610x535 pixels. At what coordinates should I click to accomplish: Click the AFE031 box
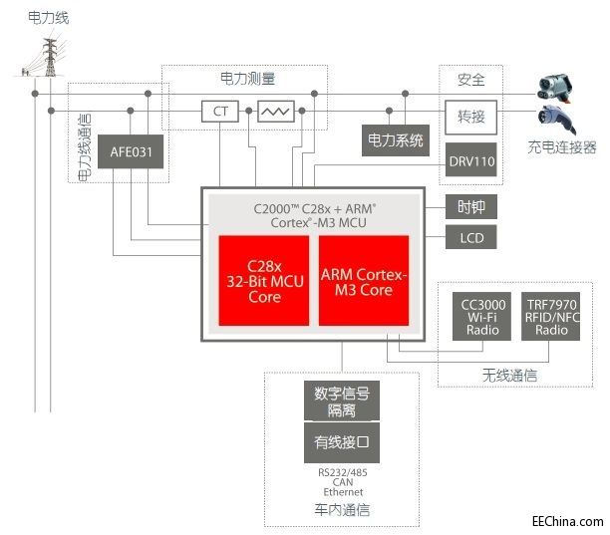click(136, 154)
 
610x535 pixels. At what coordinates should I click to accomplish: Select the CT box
click(220, 111)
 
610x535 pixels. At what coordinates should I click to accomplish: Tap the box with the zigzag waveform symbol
click(274, 111)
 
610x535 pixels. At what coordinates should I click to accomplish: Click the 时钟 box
click(470, 207)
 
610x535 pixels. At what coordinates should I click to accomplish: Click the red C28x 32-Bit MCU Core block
click(263, 280)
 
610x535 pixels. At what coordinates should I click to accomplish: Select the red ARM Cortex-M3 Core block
click(364, 280)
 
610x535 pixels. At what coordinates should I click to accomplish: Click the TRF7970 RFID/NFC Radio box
click(550, 316)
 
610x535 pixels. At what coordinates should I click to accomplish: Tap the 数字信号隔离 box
click(341, 400)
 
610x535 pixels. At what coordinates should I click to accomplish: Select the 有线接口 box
click(341, 441)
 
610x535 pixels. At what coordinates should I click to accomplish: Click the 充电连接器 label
click(561, 146)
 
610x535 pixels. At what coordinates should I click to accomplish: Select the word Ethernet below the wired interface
click(342, 492)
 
